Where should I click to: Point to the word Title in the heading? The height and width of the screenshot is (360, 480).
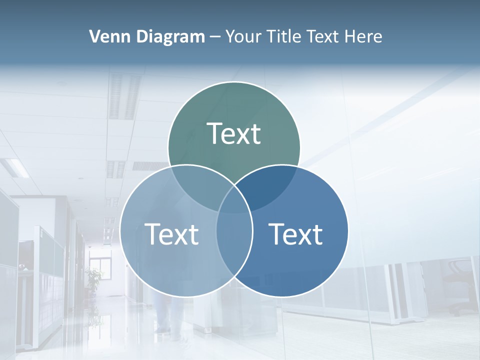286,36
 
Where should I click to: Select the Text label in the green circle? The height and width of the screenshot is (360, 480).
234,133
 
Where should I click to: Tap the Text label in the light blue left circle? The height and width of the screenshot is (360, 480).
171,234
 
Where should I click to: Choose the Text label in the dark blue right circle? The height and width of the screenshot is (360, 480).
296,234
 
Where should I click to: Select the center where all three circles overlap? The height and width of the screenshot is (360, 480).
234,200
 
